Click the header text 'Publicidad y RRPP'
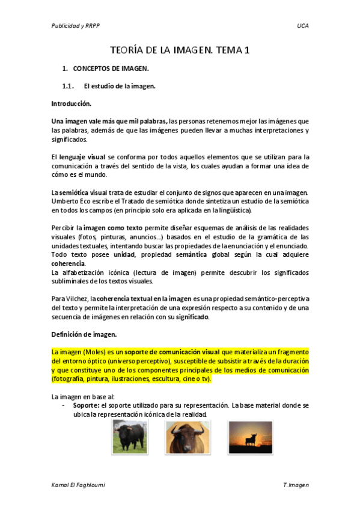[x=76, y=26]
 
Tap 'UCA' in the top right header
[x=302, y=26]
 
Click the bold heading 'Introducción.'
[x=71, y=103]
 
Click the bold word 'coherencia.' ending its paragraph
[x=69, y=263]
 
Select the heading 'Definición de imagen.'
[x=84, y=334]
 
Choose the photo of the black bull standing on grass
[x=129, y=437]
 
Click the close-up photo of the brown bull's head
[x=183, y=437]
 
